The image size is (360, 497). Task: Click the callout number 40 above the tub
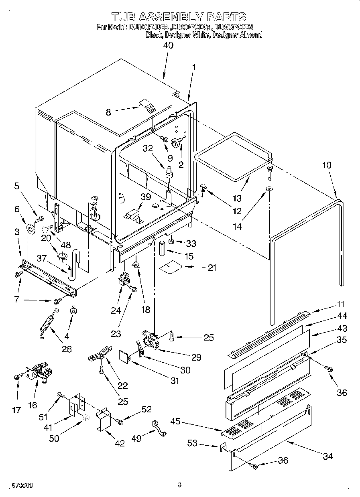click(x=168, y=46)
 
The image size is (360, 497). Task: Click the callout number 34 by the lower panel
click(x=327, y=456)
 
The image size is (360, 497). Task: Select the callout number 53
click(x=193, y=443)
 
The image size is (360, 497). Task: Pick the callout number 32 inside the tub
click(x=148, y=148)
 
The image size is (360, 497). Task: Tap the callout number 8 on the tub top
click(x=108, y=113)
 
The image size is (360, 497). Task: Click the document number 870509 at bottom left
click(x=17, y=485)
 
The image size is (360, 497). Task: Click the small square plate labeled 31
click(x=124, y=355)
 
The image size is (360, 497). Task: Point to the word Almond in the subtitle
click(x=250, y=35)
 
